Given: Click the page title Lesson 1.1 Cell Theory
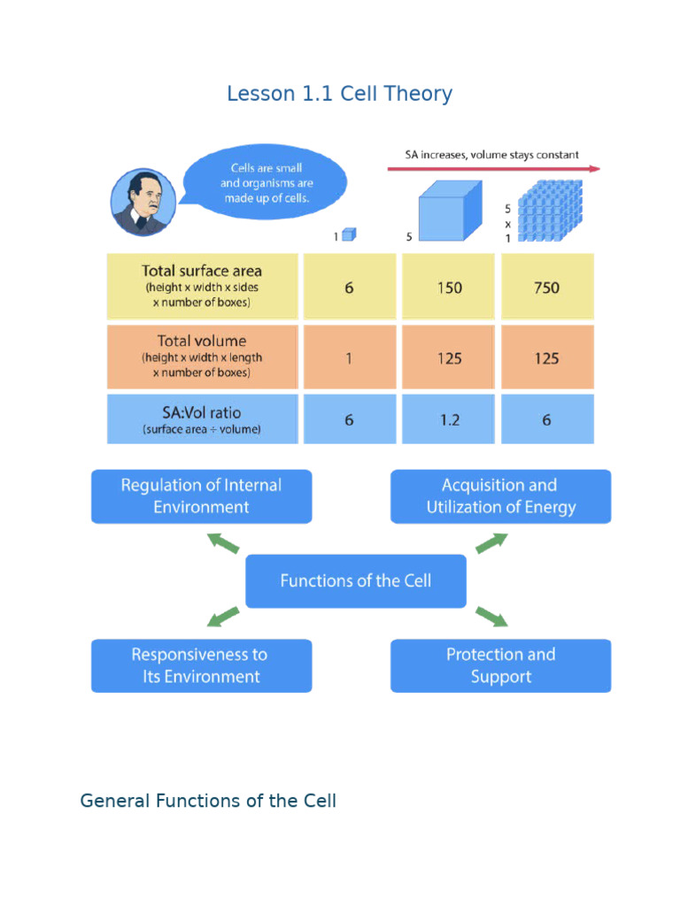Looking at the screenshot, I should click(x=339, y=94).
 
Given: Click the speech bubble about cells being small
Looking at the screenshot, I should click(x=266, y=183).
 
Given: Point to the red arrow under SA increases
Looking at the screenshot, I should click(x=494, y=168).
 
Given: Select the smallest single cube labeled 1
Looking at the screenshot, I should click(x=349, y=234).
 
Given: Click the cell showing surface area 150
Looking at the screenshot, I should click(x=449, y=288).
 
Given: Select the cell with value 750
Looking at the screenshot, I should click(x=546, y=288).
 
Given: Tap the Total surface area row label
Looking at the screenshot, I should click(x=202, y=286).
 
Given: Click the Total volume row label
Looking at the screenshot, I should click(x=202, y=357).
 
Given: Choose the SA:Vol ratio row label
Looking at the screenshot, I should click(x=202, y=419).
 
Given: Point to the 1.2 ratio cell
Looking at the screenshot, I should click(x=449, y=419).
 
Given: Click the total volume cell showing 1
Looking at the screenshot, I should click(x=349, y=357).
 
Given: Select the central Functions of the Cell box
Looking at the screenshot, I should click(x=355, y=581).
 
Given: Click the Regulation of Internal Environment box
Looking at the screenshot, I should click(x=201, y=496).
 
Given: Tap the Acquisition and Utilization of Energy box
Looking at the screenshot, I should click(x=500, y=496).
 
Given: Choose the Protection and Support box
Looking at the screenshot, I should click(x=500, y=665).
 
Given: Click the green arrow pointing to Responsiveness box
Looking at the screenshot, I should click(x=222, y=616).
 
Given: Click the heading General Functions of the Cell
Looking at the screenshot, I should click(x=208, y=801).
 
